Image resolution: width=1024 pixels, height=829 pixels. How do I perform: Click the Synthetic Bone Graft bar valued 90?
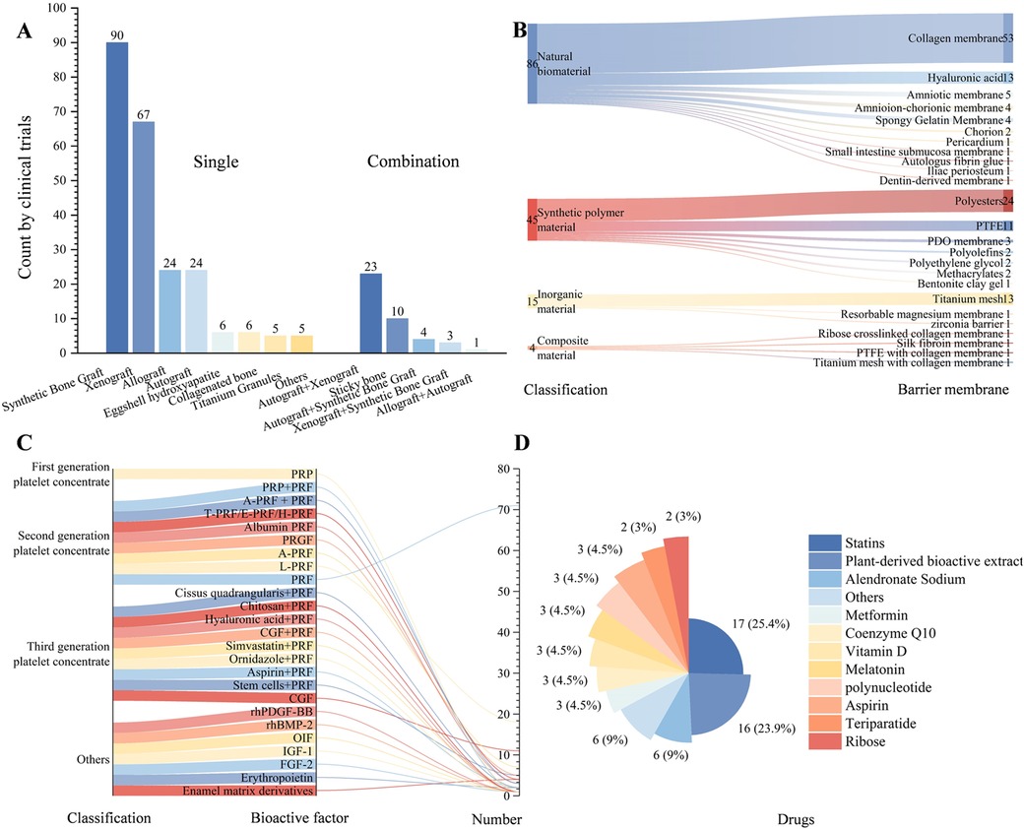click(117, 197)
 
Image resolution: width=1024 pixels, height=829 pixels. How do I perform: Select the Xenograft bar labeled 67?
click(144, 236)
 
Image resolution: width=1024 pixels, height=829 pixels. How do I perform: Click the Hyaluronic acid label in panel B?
click(964, 78)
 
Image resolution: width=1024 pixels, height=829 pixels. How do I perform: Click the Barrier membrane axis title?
click(954, 390)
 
